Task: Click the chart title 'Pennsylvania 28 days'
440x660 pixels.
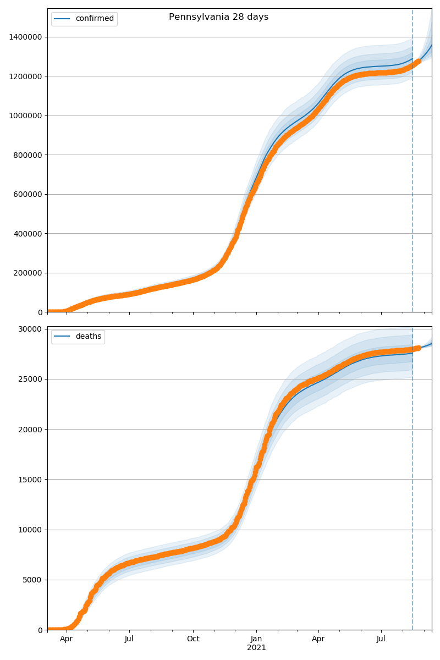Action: (x=218, y=17)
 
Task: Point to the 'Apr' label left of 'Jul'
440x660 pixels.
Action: (x=67, y=639)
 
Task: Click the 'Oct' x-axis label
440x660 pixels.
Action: (x=193, y=639)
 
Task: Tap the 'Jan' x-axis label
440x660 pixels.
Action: (x=256, y=639)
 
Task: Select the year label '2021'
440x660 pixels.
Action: (x=256, y=648)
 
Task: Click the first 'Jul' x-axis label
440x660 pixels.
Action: (x=129, y=639)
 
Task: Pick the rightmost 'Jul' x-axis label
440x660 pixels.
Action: (x=381, y=639)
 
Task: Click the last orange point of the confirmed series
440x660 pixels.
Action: (x=419, y=62)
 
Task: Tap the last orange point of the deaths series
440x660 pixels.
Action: (x=419, y=348)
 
